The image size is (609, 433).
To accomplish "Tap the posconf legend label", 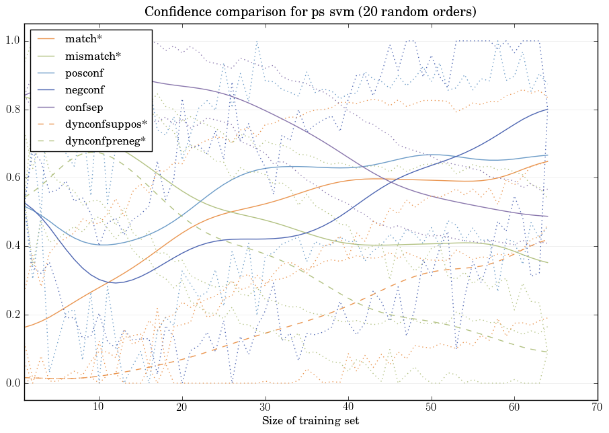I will click(x=84, y=73).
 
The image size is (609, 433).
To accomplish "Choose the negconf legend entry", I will click(x=84, y=90).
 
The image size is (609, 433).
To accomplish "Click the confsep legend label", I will click(x=83, y=107).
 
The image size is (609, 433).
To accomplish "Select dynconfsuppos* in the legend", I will click(x=106, y=124).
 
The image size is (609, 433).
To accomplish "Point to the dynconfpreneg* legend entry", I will click(x=106, y=141).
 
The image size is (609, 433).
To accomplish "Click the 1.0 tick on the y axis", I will click(x=13, y=41).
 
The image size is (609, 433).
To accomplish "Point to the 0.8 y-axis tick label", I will click(x=13, y=110).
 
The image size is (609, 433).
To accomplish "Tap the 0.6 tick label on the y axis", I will click(x=13, y=178).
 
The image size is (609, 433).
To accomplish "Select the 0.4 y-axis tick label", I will click(x=13, y=247).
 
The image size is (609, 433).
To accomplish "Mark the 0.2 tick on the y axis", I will click(x=13, y=315).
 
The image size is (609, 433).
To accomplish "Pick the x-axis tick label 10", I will click(x=99, y=408).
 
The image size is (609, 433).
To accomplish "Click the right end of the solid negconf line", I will click(x=547, y=109).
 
